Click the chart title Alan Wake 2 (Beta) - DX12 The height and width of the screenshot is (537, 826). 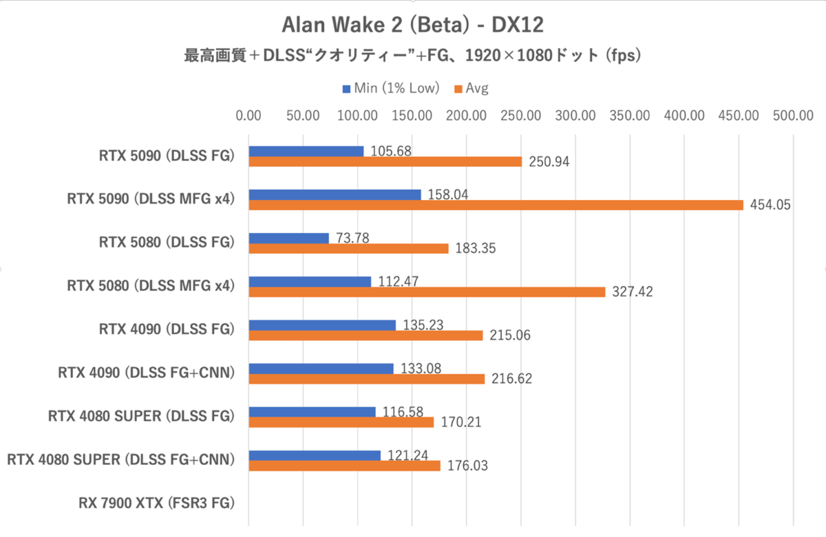pos(412,25)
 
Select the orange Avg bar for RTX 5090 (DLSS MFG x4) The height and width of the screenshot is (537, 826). pos(496,205)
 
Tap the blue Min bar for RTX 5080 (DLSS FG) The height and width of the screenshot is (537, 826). pos(288,238)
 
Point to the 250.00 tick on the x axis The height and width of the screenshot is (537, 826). pos(520,116)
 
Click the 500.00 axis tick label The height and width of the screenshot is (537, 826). pos(793,116)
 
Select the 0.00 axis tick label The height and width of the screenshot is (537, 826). pos(248,116)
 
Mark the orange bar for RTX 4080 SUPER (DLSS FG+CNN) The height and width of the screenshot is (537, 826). pos(344,465)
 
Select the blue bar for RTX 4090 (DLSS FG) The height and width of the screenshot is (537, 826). pos(322,325)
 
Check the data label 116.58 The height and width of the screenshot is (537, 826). pos(399,412)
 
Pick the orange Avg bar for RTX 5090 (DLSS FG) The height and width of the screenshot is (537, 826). pos(385,162)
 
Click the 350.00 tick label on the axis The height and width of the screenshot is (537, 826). pos(630,116)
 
